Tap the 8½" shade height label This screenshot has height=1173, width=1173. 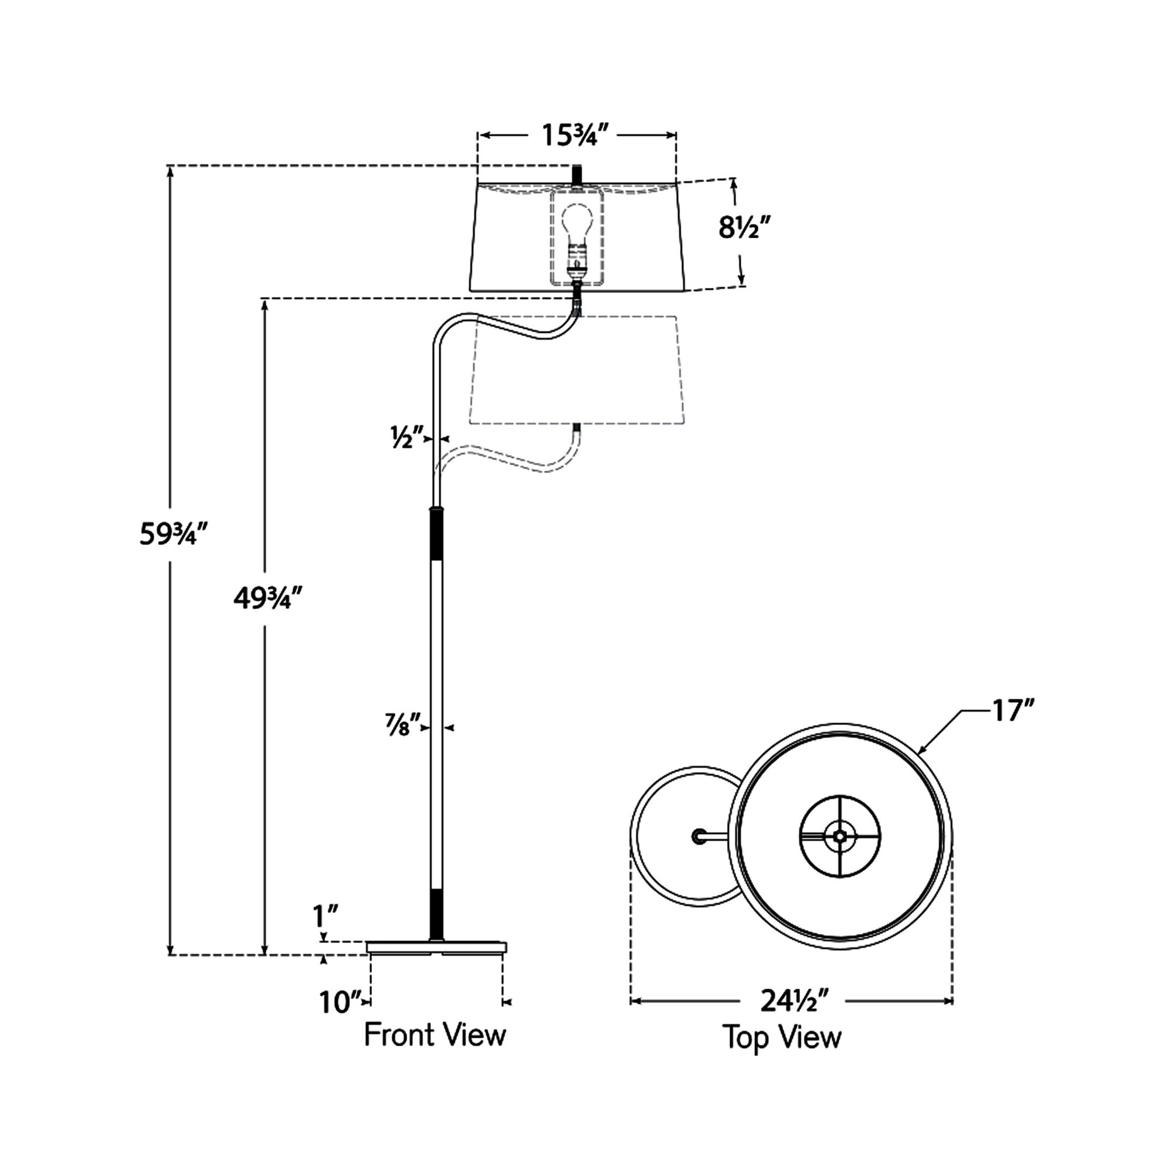pyautogui.click(x=744, y=228)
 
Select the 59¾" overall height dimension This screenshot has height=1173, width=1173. pyautogui.click(x=173, y=534)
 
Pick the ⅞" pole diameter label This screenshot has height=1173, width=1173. pyautogui.click(x=402, y=727)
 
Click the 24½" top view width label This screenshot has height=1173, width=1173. pyautogui.click(x=794, y=1001)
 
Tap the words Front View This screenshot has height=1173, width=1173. pyautogui.click(x=435, y=1035)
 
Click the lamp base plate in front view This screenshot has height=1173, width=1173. pyautogui.click(x=436, y=948)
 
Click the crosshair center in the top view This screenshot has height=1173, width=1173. pyautogui.click(x=840, y=837)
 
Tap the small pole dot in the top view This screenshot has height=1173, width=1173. pyautogui.click(x=699, y=837)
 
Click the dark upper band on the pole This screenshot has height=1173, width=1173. pyautogui.click(x=436, y=535)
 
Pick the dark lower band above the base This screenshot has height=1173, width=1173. pyautogui.click(x=436, y=916)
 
